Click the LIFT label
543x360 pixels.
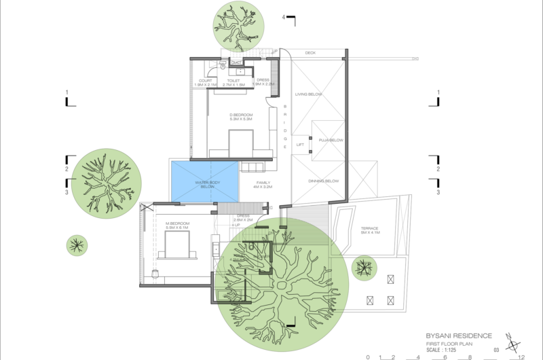click(x=300, y=145)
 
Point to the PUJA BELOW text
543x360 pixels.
click(x=332, y=141)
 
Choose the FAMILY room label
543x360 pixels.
click(x=262, y=183)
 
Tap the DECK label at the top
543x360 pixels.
click(x=310, y=53)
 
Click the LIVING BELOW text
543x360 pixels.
click(x=308, y=94)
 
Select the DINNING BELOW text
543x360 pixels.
click(x=324, y=181)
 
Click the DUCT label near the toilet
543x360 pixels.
click(x=237, y=63)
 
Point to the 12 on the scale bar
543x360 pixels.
click(x=520, y=356)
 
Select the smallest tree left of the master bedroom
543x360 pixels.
click(x=77, y=244)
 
